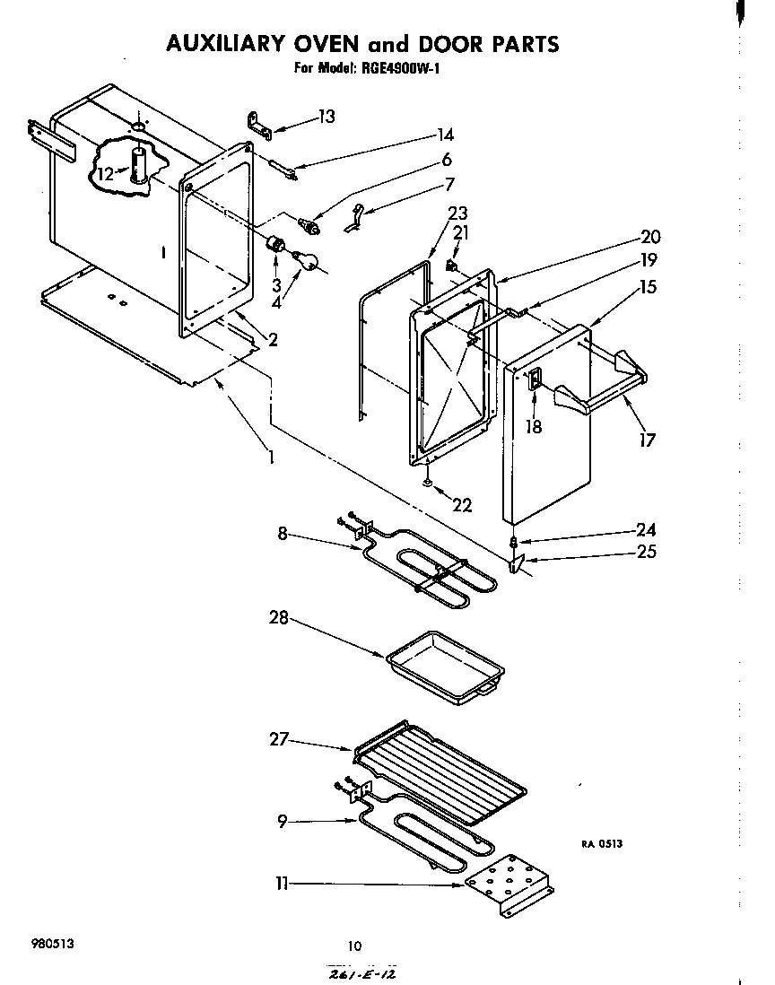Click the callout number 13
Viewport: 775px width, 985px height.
click(326, 117)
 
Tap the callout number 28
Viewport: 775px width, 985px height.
click(279, 617)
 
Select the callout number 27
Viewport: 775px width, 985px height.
click(279, 740)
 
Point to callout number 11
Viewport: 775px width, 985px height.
click(282, 884)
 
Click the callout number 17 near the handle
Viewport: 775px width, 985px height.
click(647, 439)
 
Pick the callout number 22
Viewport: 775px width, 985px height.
click(462, 505)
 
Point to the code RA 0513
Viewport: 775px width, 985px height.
click(601, 844)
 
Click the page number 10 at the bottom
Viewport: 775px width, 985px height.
click(354, 945)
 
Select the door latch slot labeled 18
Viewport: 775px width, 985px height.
click(534, 381)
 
